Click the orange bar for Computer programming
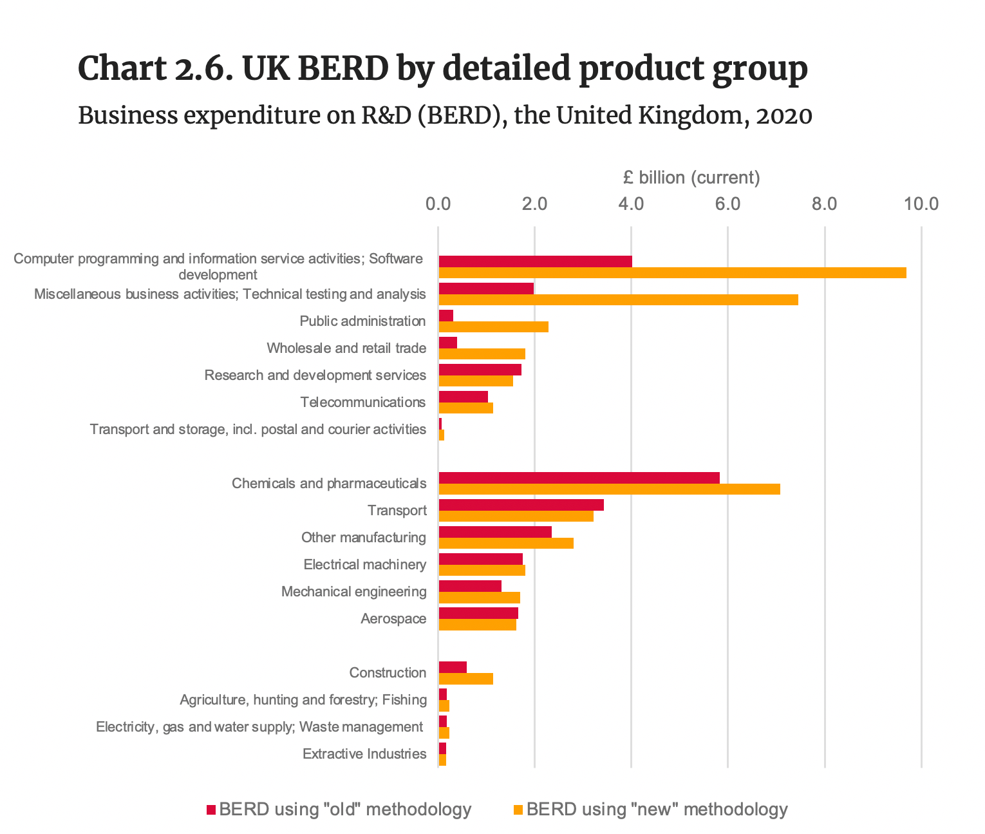pyautogui.click(x=672, y=272)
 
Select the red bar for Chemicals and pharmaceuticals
pyautogui.click(x=579, y=477)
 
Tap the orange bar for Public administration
pyautogui.click(x=493, y=327)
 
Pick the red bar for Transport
pyautogui.click(x=521, y=504)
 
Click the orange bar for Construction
pyautogui.click(x=465, y=678)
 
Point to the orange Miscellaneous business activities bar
pyautogui.click(x=618, y=299)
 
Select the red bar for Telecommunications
pyautogui.click(x=463, y=396)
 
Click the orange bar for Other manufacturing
pyautogui.click(x=505, y=543)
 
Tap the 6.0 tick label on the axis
pyautogui.click(x=727, y=204)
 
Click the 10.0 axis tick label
pyautogui.click(x=921, y=204)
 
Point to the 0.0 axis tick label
pyautogui.click(x=438, y=204)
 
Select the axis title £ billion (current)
pyautogui.click(x=691, y=178)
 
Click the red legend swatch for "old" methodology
pyautogui.click(x=211, y=810)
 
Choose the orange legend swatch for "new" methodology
pyautogui.click(x=518, y=810)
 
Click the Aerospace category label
pyautogui.click(x=393, y=619)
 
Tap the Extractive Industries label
pyautogui.click(x=364, y=753)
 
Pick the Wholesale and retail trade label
pyautogui.click(x=346, y=348)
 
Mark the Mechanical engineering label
pyautogui.click(x=353, y=591)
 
